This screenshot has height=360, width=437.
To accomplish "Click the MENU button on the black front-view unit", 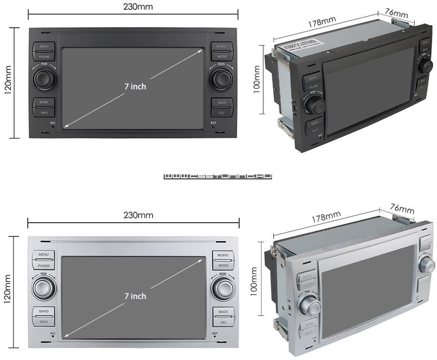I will point(44,46).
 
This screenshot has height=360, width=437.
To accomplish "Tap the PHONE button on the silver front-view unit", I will point(44,266).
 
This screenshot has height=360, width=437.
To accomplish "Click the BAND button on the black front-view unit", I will point(44,102).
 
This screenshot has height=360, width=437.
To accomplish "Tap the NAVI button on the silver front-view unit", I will point(44,321).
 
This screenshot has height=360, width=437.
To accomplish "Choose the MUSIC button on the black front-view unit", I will point(222,46).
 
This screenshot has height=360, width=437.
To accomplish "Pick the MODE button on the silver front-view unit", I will point(223,266).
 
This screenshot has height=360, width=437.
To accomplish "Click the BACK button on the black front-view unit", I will point(222,102).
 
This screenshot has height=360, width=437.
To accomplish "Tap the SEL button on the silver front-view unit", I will point(223,321).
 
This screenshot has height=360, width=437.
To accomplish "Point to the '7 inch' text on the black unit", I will point(135,86).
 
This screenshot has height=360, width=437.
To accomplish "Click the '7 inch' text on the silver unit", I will point(135,296).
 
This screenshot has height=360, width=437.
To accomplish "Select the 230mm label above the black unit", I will point(138,7).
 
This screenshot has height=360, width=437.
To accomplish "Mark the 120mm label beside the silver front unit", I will point(7,288).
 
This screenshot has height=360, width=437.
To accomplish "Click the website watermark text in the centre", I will point(218,176).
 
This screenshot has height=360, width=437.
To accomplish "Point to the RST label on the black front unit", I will point(214,123).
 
